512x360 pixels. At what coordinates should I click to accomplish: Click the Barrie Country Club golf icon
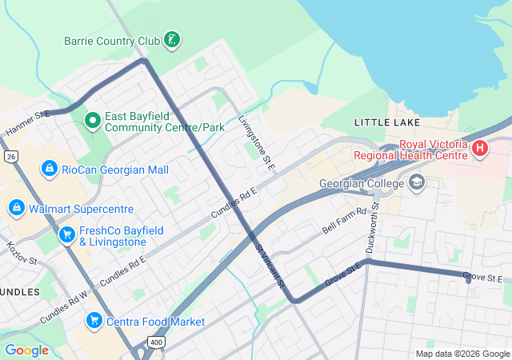(171, 39)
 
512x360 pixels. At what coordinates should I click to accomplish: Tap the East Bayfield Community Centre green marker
(93, 121)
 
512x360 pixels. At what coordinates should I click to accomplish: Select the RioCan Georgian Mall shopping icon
(50, 169)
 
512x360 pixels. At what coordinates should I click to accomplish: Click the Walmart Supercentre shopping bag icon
(15, 208)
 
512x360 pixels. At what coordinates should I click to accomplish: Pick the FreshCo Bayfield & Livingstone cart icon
(67, 235)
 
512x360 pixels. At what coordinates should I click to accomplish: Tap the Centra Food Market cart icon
(94, 321)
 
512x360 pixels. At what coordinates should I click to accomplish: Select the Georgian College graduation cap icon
(416, 183)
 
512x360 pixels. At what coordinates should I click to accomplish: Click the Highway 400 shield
(155, 342)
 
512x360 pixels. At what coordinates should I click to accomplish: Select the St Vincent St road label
(270, 266)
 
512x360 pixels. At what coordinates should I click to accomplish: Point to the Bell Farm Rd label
(344, 221)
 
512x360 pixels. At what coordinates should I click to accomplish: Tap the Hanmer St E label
(27, 122)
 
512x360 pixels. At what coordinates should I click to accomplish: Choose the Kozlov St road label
(22, 254)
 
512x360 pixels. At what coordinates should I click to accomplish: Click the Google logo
(26, 350)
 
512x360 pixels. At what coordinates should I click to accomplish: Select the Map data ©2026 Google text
(462, 354)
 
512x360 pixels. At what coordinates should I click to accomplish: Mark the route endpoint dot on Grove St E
(468, 279)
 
